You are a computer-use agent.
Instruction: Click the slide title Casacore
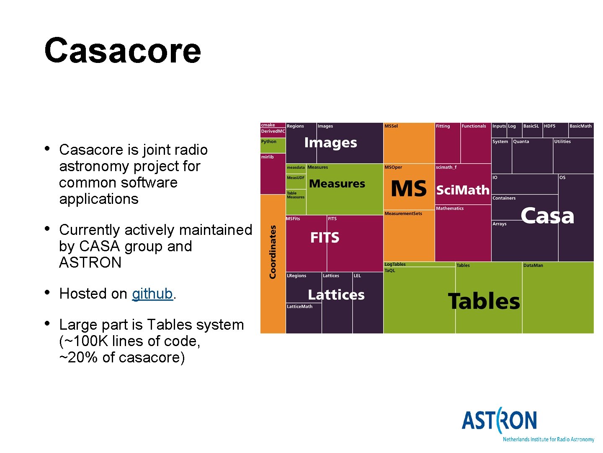coord(122,51)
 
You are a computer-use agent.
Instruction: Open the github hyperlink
coord(152,294)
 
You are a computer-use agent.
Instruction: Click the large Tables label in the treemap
coord(484,301)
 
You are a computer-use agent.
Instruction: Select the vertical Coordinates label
coord(273,252)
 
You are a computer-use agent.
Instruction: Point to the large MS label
coord(408,189)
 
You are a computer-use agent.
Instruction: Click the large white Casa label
coord(547,216)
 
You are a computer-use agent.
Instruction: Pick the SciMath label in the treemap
coord(463,190)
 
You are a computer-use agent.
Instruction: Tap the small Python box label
coord(269,142)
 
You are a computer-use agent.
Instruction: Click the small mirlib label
coord(267,157)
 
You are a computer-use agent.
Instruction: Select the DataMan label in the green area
coord(533,266)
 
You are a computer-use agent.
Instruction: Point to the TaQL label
coord(390,271)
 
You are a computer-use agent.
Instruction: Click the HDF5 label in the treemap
coord(549,126)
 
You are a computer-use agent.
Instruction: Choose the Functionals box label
coord(474,126)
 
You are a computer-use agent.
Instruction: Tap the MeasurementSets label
coord(403,213)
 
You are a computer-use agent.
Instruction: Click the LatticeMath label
coord(299,307)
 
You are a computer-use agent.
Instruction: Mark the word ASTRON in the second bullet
coord(90,263)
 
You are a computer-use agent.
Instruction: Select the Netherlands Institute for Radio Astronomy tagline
coord(548,440)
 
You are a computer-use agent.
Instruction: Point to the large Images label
coord(330,143)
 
